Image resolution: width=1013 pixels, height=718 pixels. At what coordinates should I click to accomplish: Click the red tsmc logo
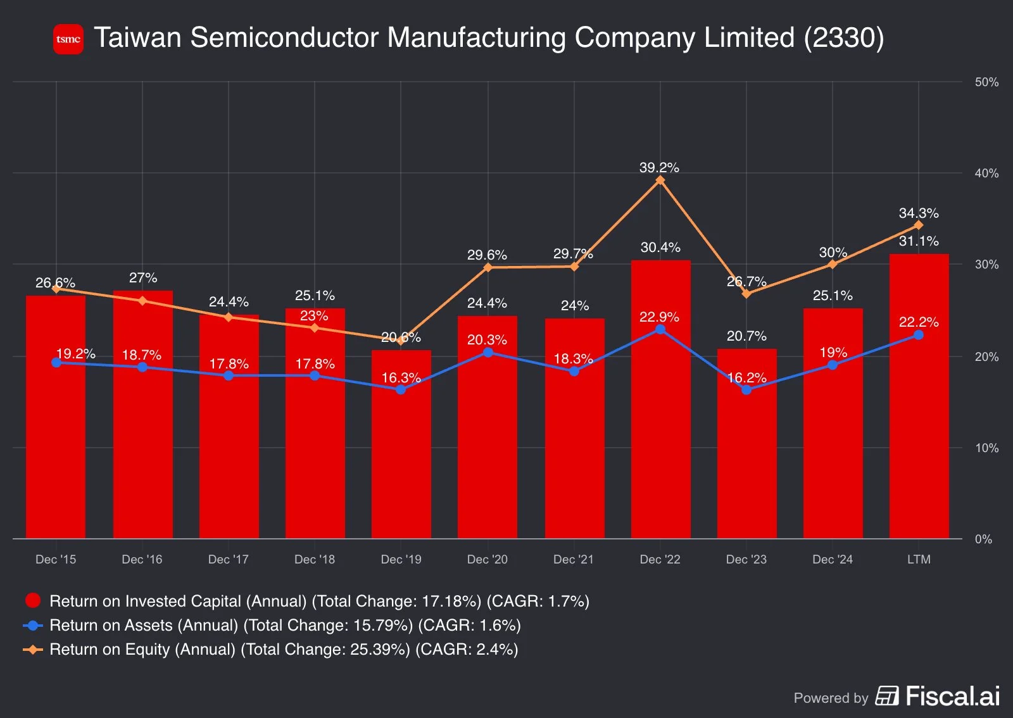click(x=68, y=39)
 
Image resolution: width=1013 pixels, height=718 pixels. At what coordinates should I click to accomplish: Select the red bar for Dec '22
click(x=660, y=412)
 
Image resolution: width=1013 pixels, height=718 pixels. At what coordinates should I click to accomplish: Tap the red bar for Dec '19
click(x=401, y=456)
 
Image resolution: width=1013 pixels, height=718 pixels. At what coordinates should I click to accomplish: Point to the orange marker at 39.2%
click(x=660, y=180)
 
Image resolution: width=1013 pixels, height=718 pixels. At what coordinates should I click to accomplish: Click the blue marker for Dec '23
click(x=746, y=390)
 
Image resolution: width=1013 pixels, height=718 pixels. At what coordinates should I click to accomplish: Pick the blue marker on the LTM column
click(x=919, y=335)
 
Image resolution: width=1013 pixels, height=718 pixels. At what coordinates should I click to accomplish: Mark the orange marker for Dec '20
click(x=488, y=267)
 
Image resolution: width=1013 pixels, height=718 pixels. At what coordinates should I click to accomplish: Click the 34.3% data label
click(x=919, y=213)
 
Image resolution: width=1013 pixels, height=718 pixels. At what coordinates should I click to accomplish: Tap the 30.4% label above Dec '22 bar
click(x=660, y=248)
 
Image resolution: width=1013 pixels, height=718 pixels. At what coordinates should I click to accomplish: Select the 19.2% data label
click(x=75, y=354)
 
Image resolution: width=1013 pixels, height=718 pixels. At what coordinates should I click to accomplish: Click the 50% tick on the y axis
click(x=986, y=82)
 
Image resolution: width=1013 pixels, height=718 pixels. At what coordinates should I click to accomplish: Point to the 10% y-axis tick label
click(x=986, y=448)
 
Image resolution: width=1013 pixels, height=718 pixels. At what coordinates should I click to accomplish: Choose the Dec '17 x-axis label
click(x=229, y=560)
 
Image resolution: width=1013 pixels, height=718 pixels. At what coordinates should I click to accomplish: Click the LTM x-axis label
click(x=919, y=560)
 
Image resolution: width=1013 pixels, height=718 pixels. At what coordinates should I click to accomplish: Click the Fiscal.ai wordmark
click(x=952, y=696)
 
